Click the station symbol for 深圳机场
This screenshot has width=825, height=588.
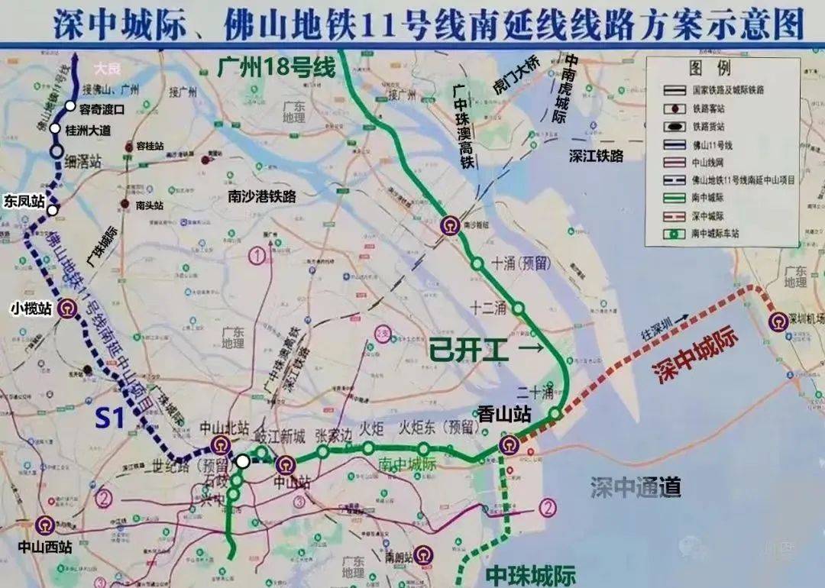point(779,321)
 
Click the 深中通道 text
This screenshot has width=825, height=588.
point(635,486)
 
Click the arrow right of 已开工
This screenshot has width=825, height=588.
point(530,349)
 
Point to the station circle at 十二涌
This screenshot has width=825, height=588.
point(519,309)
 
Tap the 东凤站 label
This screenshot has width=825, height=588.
point(23,202)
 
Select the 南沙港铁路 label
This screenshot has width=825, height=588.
point(262,196)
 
